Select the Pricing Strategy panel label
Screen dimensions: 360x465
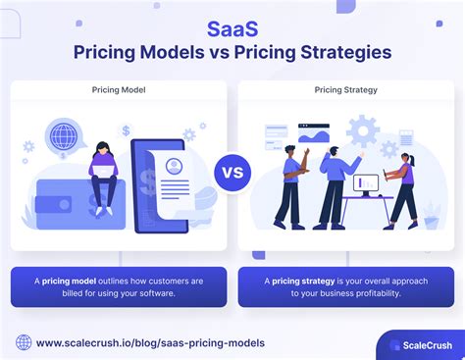[x=344, y=90]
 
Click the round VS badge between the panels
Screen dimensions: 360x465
[x=232, y=173]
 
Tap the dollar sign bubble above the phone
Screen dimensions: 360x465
[x=126, y=130]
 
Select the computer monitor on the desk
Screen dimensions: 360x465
[x=367, y=182]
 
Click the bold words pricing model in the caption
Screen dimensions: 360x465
[x=75, y=281]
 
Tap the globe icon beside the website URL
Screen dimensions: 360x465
[x=24, y=342]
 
